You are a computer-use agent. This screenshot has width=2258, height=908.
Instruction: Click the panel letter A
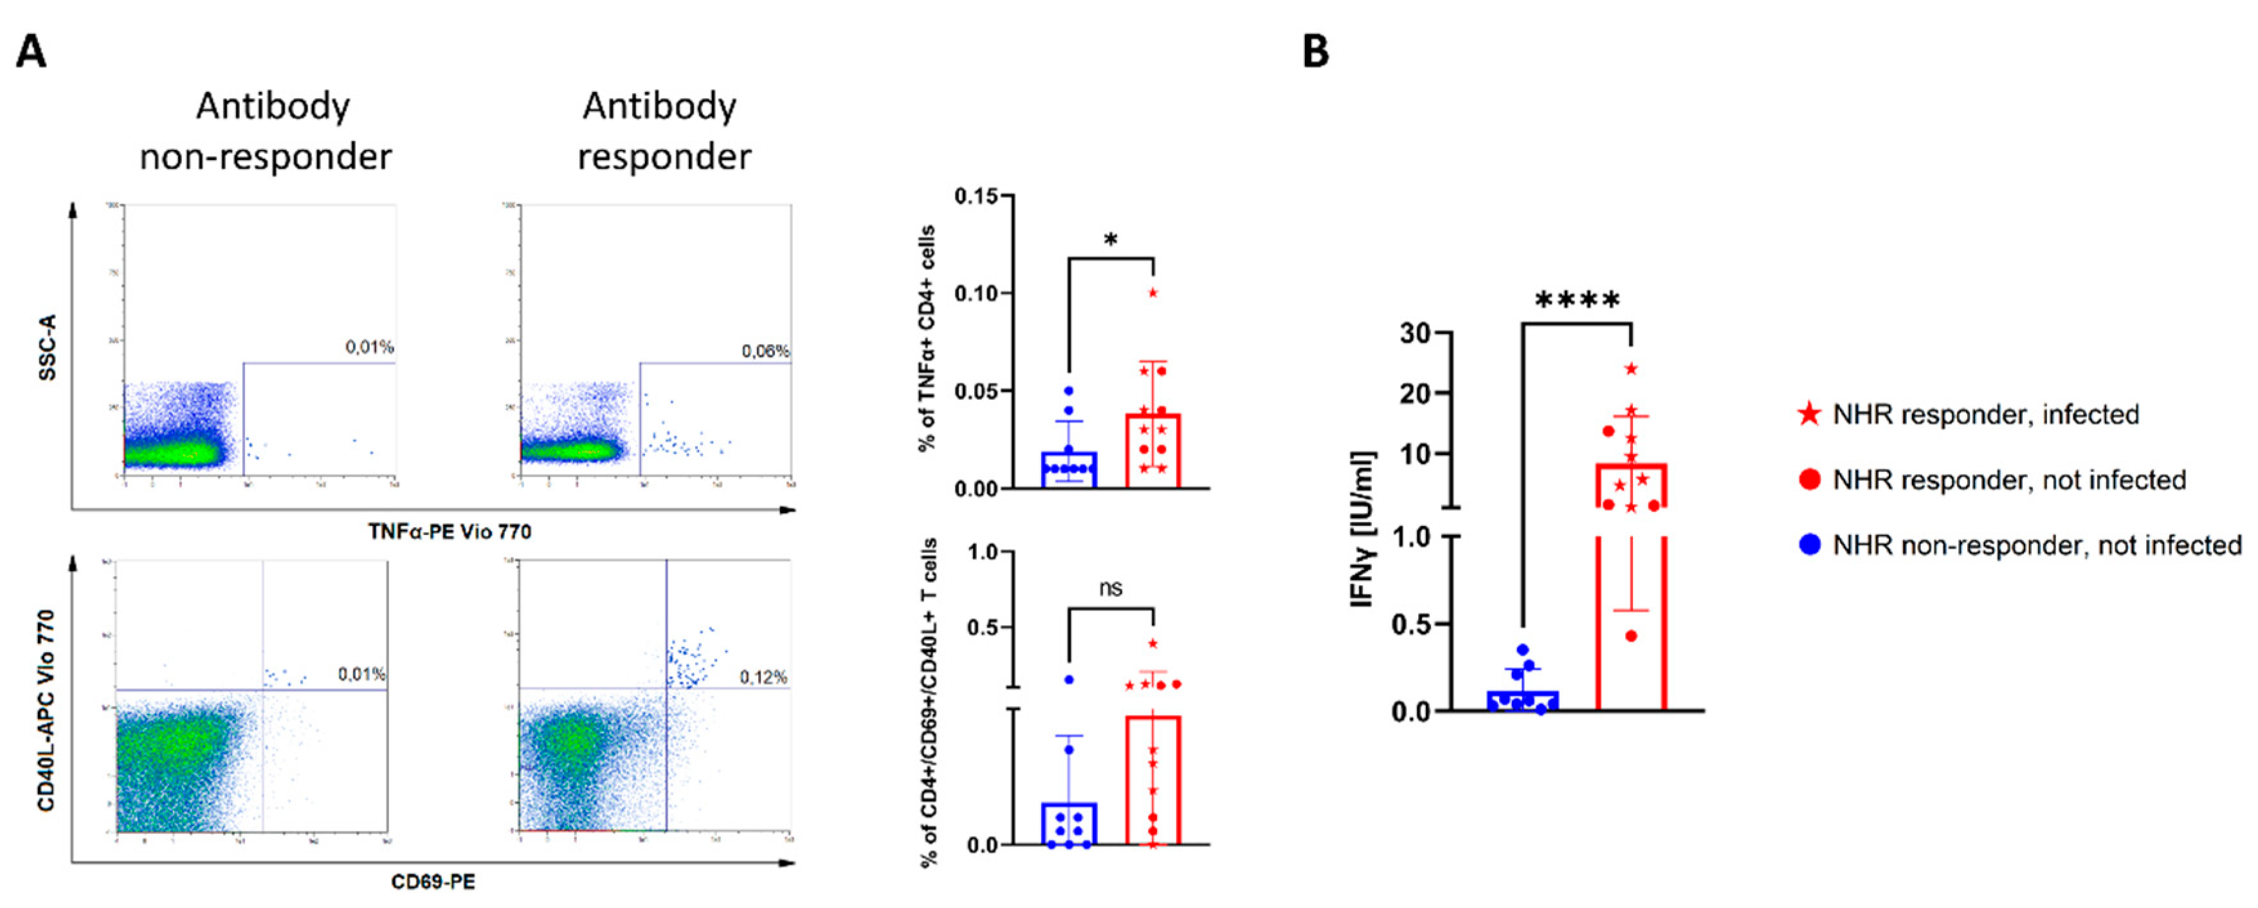[32, 53]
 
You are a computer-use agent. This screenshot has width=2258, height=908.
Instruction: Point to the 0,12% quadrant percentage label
[763, 678]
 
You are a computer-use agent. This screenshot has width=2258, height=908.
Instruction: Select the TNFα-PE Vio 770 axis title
[450, 531]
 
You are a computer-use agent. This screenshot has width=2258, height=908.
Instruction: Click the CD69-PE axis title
[433, 882]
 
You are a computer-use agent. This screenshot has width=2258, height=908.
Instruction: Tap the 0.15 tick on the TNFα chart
[976, 195]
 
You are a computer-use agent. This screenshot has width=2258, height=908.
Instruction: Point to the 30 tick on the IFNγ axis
[1415, 333]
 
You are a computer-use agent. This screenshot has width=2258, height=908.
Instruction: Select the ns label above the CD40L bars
[1111, 588]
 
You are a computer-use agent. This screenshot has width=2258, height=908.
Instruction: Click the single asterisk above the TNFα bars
[1111, 239]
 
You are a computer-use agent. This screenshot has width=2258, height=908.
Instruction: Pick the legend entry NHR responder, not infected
[2009, 480]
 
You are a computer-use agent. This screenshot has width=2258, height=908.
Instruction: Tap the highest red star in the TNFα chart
[1152, 293]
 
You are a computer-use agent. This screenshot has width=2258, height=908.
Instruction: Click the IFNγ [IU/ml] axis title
[1363, 529]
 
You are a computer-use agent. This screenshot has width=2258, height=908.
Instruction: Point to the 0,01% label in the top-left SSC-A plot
[369, 347]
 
